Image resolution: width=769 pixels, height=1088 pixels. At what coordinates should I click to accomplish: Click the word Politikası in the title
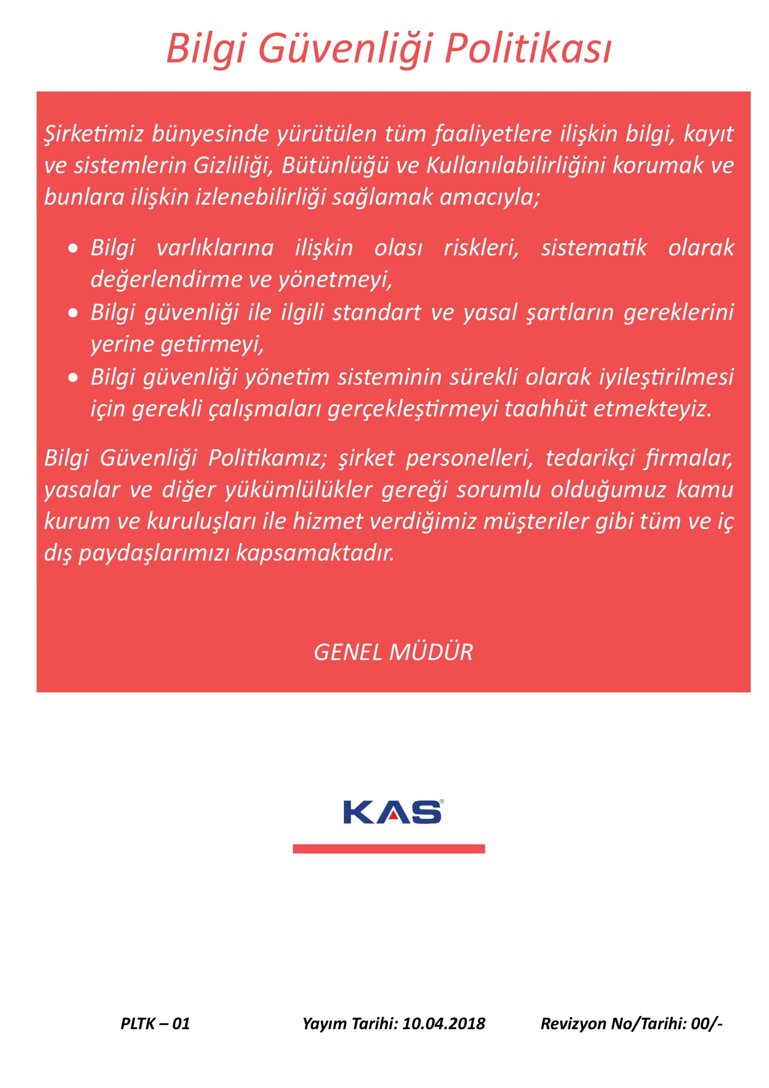point(528,49)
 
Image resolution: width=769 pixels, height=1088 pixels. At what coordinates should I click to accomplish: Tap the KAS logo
point(392,813)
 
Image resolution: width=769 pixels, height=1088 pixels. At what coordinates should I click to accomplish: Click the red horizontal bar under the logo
point(389,849)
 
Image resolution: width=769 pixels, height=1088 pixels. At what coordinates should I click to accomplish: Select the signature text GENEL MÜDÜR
point(393,653)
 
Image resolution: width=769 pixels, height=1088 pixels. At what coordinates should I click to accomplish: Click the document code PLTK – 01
point(155,1023)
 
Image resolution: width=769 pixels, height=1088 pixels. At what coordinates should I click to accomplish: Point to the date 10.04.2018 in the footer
point(444,1023)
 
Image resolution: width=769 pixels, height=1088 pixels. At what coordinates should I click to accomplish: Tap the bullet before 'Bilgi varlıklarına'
point(73,248)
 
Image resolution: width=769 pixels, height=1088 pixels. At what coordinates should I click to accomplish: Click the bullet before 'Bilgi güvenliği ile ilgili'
point(73,313)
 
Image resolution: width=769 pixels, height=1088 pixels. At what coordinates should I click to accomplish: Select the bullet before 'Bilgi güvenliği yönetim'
point(73,378)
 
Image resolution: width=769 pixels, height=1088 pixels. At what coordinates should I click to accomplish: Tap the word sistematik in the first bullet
point(594,248)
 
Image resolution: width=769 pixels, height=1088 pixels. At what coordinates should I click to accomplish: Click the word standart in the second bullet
point(377,313)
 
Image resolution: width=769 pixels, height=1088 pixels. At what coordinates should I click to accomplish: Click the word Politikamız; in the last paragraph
point(267,458)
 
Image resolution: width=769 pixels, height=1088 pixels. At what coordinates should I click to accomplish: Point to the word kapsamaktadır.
point(315,553)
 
